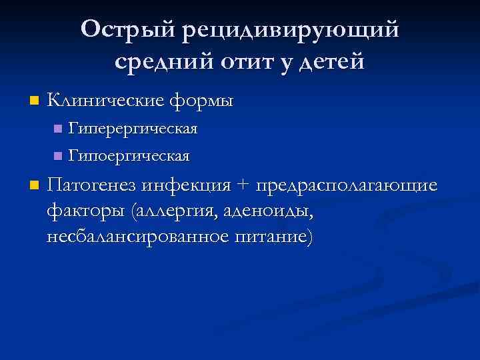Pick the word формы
(x=202, y=101)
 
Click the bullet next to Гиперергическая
(x=57, y=128)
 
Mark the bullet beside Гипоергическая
(x=57, y=157)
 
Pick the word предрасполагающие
(x=350, y=184)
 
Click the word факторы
(x=87, y=211)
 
